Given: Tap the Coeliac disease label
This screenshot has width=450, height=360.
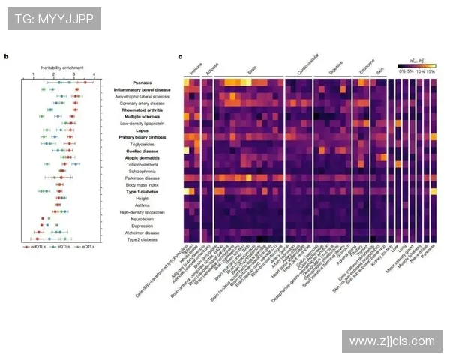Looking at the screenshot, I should click(x=144, y=151).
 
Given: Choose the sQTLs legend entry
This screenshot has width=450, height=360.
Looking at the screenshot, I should click(x=62, y=246).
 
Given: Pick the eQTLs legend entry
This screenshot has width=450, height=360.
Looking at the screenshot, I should click(x=85, y=246).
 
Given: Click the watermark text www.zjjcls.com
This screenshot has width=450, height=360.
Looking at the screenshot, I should click(x=391, y=341).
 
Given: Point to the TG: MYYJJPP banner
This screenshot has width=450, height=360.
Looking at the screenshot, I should click(x=52, y=19).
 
